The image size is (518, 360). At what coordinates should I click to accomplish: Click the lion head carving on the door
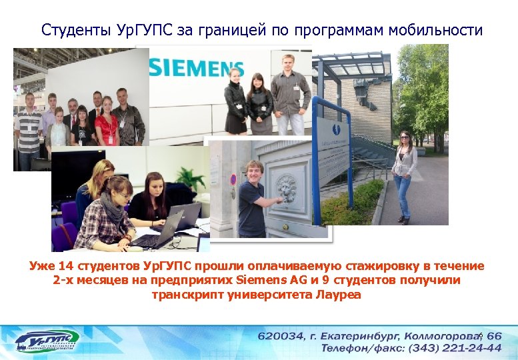(287, 189)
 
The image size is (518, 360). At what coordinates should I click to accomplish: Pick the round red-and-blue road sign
(233, 179)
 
